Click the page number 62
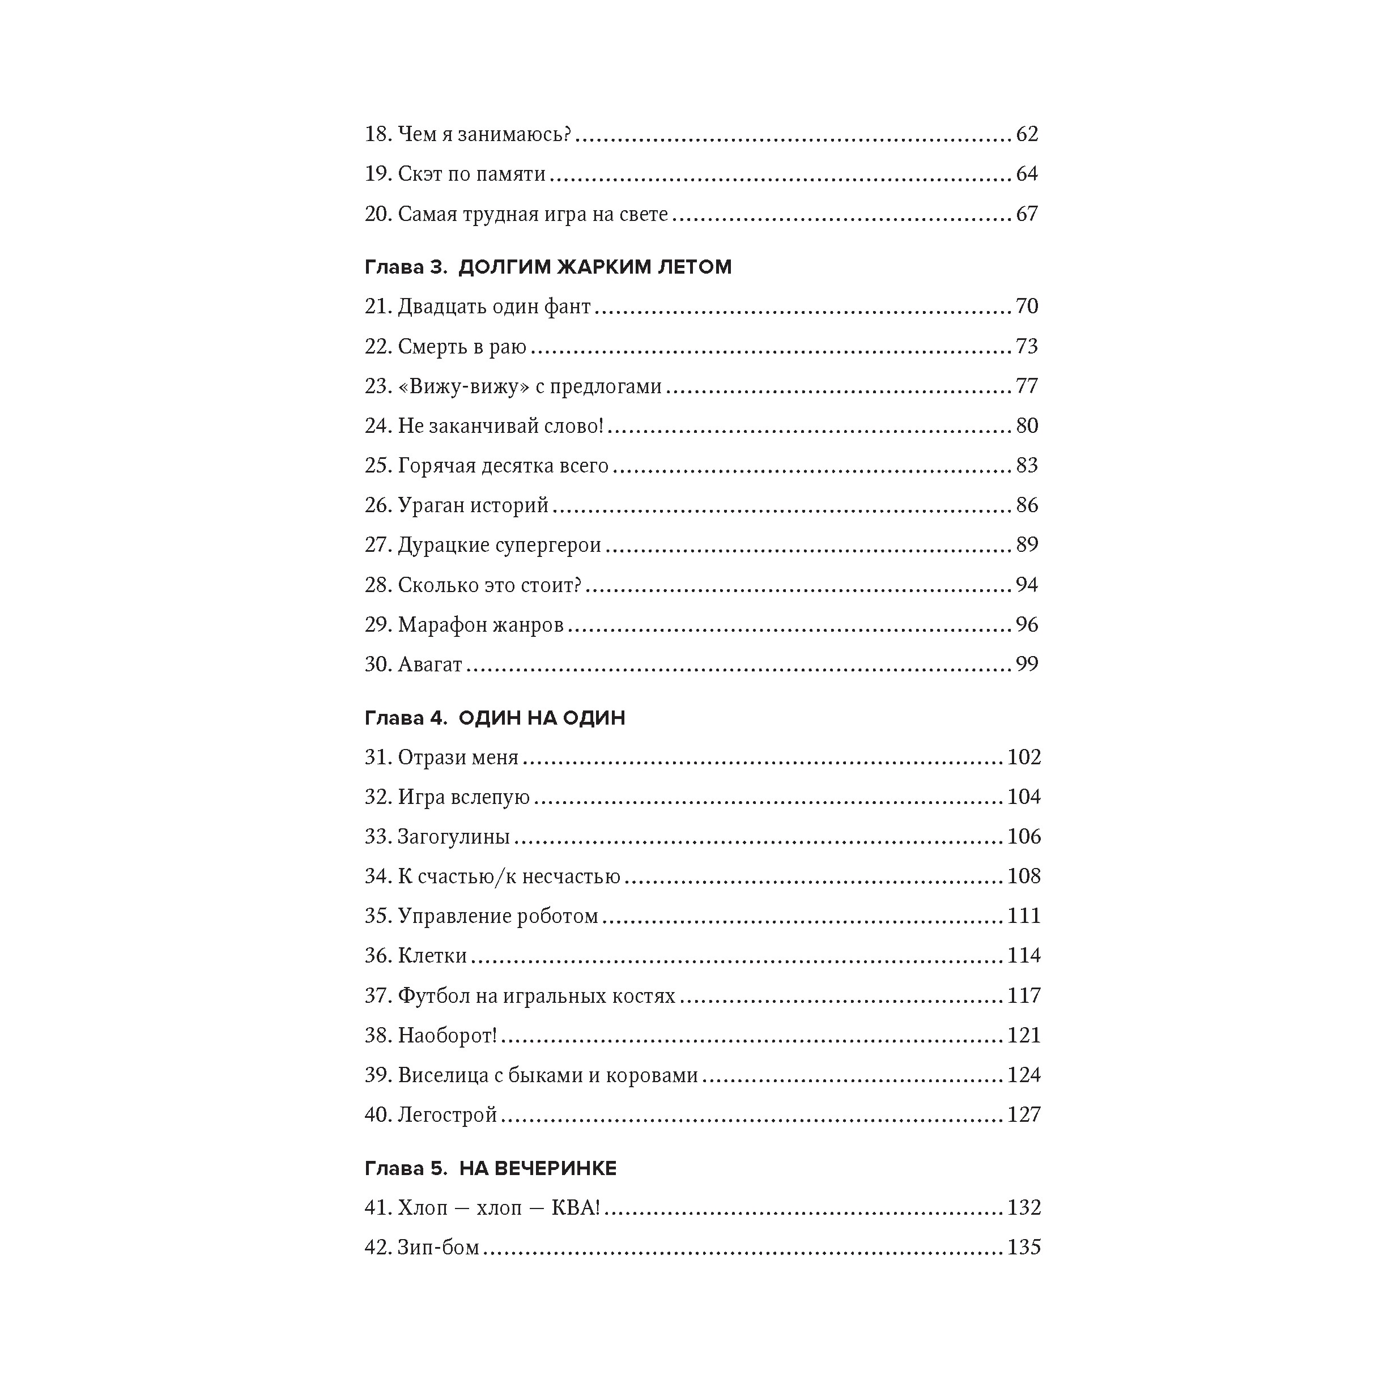pyautogui.click(x=1027, y=134)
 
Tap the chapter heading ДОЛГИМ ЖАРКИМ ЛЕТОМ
pyautogui.click(x=595, y=267)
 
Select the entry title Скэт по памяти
pyautogui.click(x=472, y=174)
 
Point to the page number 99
pyautogui.click(x=1027, y=665)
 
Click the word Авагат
pyautogui.click(x=429, y=665)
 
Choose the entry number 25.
pyautogui.click(x=377, y=465)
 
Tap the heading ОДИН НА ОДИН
pyautogui.click(x=542, y=718)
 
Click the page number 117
pyautogui.click(x=1023, y=995)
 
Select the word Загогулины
pyautogui.click(x=454, y=837)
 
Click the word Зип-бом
pyautogui.click(x=439, y=1248)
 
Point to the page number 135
pyautogui.click(x=1023, y=1247)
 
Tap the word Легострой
pyautogui.click(x=447, y=1114)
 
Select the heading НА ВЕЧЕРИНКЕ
pyautogui.click(x=538, y=1169)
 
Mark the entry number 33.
pyautogui.click(x=377, y=837)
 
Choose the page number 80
pyautogui.click(x=1027, y=425)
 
